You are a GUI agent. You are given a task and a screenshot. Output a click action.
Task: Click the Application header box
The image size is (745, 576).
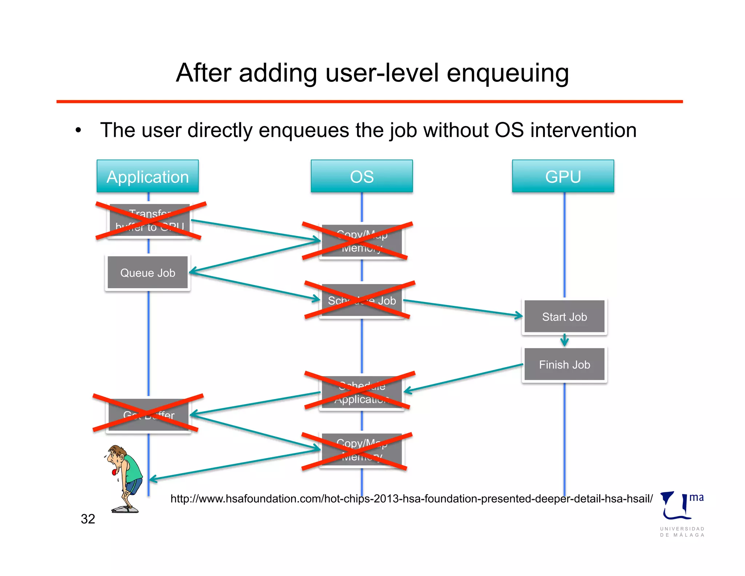(x=148, y=177)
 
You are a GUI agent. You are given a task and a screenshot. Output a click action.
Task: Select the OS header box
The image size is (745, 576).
(x=362, y=177)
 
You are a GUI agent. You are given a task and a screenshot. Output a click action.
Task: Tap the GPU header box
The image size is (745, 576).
(x=563, y=177)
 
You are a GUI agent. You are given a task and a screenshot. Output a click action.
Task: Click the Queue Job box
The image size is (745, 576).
(x=148, y=273)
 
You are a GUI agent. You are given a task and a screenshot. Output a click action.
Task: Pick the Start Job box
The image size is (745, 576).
(x=564, y=317)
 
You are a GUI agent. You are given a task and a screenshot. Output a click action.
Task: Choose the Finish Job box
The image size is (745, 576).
(x=564, y=364)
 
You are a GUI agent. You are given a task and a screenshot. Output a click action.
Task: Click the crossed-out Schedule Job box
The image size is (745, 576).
(x=362, y=301)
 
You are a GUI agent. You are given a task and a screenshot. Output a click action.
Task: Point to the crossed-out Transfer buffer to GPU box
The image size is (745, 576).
(x=150, y=221)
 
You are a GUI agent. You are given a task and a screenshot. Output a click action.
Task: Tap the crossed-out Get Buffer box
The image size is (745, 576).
(x=148, y=414)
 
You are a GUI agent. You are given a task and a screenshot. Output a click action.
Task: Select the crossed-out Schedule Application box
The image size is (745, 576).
(x=362, y=392)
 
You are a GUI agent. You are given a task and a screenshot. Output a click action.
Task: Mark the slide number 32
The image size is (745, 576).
(x=88, y=519)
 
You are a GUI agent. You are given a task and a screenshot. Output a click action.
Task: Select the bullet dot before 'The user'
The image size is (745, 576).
(x=78, y=130)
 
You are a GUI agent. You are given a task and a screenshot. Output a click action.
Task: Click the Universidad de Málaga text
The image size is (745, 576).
(x=682, y=532)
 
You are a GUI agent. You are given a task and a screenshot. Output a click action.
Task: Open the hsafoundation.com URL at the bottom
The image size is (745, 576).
(x=411, y=498)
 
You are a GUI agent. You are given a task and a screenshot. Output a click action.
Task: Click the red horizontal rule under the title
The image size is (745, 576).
(x=369, y=102)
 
